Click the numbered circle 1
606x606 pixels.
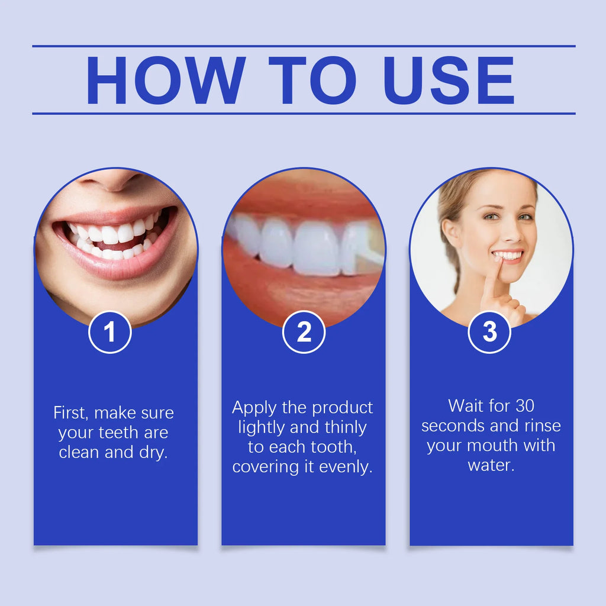coord(109,332)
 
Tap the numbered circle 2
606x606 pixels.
coord(304,332)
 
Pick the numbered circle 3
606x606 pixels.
coord(489,332)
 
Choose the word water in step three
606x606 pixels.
coord(491,465)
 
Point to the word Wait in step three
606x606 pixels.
coord(466,405)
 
